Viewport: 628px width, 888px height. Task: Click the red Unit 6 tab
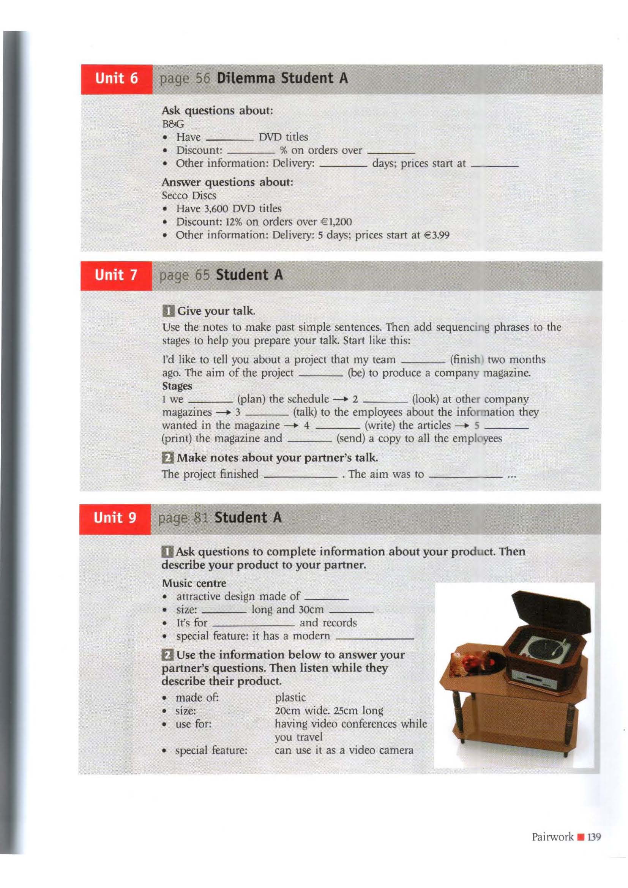point(117,79)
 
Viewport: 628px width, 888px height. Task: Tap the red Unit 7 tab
point(116,276)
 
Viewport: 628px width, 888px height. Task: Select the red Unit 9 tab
point(115,518)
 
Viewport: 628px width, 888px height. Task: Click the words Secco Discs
point(189,196)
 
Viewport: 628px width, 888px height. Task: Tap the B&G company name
point(173,125)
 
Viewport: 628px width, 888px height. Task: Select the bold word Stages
point(177,386)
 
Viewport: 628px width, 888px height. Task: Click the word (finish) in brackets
point(467,360)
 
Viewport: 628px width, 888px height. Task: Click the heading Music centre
point(194,583)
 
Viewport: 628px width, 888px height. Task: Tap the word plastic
point(290,697)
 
